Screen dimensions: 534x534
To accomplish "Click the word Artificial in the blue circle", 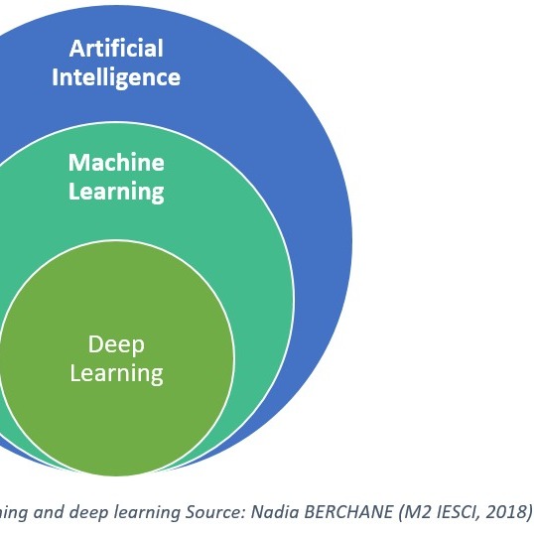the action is coord(116,48).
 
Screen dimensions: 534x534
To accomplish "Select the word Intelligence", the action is coord(116,78).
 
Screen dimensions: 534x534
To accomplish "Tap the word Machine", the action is coord(116,162).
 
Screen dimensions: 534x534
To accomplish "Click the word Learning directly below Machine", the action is coord(116,193).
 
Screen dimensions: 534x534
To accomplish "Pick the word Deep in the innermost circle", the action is coord(116,345).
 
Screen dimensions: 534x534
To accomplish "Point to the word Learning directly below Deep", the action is coord(116,374).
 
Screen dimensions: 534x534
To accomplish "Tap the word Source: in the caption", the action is coord(215,512).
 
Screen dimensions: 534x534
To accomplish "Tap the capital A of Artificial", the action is coord(76,48).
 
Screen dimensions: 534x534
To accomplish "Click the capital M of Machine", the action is coord(78,163).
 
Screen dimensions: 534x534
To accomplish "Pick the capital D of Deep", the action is coord(95,344).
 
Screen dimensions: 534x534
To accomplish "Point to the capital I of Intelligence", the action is coord(55,77).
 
